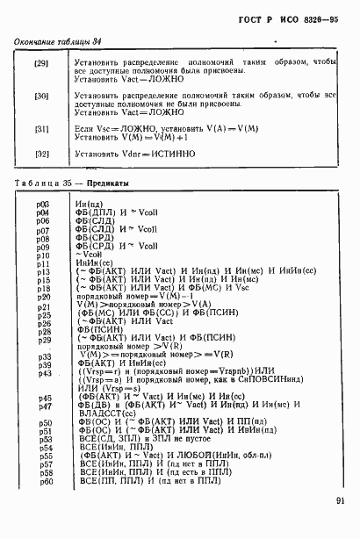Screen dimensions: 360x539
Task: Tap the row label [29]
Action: coord(40,64)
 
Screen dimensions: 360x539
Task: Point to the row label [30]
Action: coord(40,96)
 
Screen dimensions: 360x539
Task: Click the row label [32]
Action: coord(40,154)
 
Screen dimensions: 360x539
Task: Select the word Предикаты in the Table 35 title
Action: coord(109,183)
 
